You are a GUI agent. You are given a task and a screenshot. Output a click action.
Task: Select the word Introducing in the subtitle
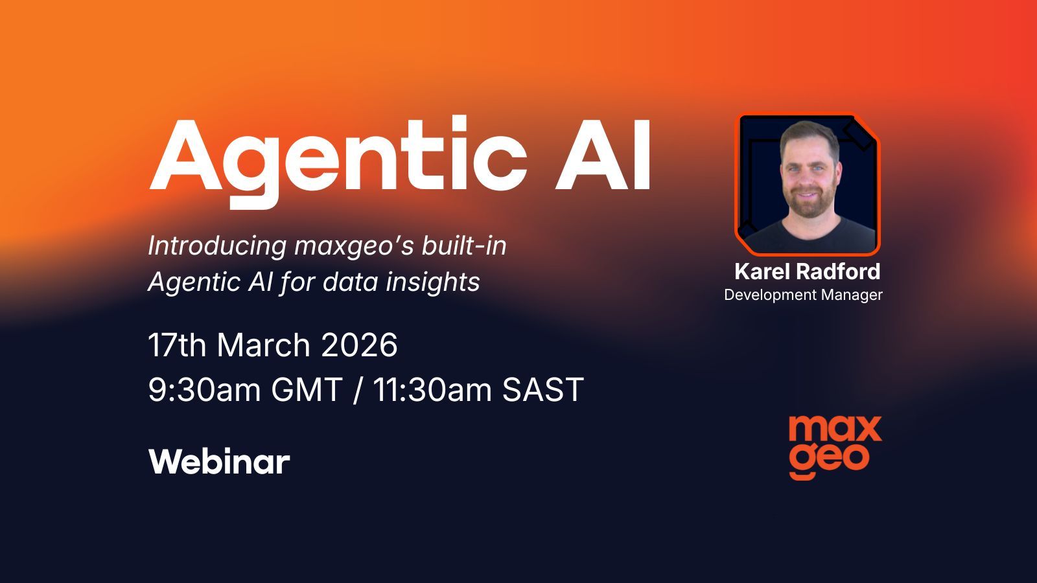(x=217, y=246)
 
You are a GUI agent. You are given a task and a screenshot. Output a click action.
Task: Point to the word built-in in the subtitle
(x=464, y=246)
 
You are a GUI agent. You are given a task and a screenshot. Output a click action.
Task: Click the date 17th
(x=177, y=345)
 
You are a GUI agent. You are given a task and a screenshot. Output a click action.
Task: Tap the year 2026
(x=359, y=345)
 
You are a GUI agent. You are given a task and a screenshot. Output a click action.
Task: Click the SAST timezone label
(x=543, y=390)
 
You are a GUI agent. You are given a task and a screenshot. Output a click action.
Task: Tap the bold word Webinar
(x=219, y=462)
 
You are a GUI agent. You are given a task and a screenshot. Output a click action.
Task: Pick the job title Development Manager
(x=803, y=295)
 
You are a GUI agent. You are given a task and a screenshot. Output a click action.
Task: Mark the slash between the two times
(x=357, y=390)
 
